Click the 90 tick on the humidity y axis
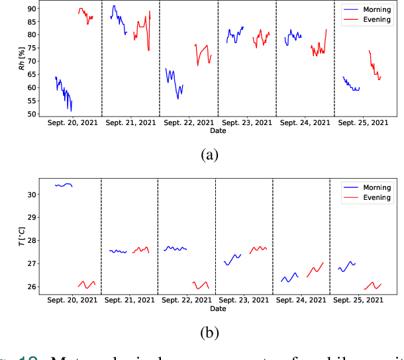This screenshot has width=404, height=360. click(29, 9)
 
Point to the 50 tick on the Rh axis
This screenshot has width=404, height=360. click(29, 114)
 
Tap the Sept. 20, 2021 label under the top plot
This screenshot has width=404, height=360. click(73, 123)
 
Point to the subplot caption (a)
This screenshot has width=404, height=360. click(209, 155)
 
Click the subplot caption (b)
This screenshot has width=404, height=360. click(209, 332)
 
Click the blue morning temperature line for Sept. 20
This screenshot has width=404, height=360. click(64, 185)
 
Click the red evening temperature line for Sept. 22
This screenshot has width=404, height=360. click(201, 285)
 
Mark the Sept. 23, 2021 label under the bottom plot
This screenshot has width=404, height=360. click(246, 300)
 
